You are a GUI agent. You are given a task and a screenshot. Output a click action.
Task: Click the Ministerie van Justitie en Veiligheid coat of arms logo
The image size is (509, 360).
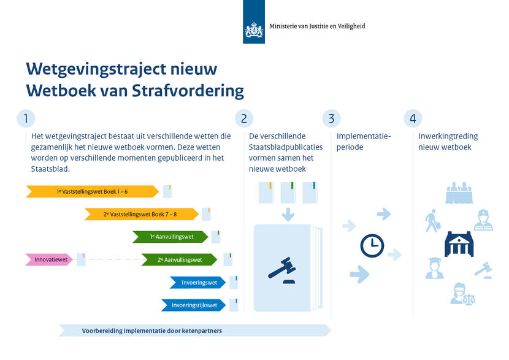pos(254,30)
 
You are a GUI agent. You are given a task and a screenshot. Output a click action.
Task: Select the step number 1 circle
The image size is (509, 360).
pos(26,118)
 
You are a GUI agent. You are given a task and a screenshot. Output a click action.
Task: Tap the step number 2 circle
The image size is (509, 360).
pos(244,118)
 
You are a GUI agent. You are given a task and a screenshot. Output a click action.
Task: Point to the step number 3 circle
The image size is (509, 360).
pos(331,118)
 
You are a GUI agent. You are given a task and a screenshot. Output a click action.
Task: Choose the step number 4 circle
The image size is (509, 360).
pos(413,118)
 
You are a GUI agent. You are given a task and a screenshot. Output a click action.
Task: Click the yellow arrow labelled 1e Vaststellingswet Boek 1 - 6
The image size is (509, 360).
pos(92,191)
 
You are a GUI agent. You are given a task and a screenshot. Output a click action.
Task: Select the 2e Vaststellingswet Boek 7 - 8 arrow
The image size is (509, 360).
pos(141,214)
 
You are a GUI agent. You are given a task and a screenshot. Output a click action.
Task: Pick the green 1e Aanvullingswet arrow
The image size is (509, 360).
pos(170,237)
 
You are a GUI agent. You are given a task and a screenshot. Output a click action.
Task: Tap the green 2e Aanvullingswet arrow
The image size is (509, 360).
pos(180,259)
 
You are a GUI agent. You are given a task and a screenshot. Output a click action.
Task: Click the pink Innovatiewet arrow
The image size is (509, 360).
pos(49,259)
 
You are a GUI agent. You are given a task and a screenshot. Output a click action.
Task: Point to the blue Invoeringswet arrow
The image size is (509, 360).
pos(197,282)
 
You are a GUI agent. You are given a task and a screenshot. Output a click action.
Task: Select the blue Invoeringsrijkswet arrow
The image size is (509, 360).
pos(193,305)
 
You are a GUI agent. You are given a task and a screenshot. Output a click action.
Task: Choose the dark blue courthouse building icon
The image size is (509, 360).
pos(459,244)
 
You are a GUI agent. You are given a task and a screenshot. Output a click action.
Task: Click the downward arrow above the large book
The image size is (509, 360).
pos(288,215)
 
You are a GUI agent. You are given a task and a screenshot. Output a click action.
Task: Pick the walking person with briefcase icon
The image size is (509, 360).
pos(433,221)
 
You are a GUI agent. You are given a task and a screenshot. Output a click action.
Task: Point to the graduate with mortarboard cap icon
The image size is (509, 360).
pos(435,268)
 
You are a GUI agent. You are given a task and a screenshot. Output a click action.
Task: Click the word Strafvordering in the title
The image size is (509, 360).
pos(188,91)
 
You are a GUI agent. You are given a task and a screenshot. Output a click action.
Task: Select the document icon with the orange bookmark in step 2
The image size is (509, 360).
pos(266,193)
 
